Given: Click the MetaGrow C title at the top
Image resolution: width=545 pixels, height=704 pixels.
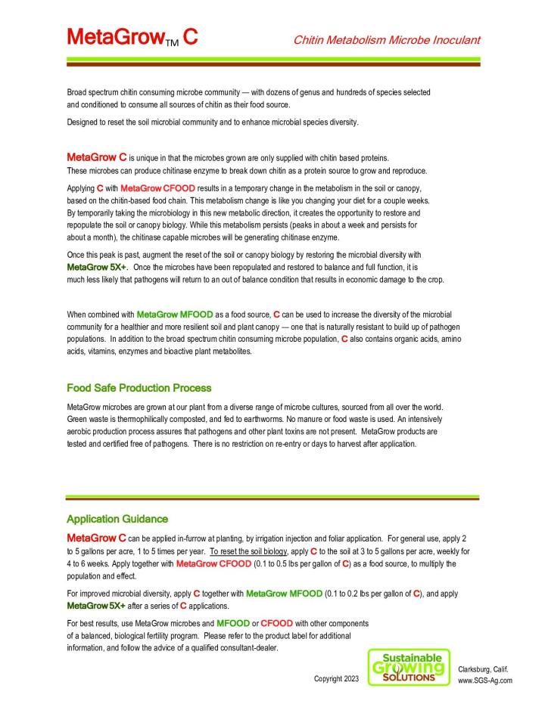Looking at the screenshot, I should [132, 36].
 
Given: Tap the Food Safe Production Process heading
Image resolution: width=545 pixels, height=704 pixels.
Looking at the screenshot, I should [139, 388].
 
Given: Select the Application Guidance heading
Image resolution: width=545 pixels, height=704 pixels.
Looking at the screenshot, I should [117, 519].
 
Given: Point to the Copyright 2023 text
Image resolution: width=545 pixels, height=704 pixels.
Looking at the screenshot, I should [336, 679].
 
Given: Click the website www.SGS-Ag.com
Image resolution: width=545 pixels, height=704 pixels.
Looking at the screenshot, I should [486, 680].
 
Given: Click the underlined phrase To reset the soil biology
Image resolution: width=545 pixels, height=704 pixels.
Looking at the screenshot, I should [248, 551].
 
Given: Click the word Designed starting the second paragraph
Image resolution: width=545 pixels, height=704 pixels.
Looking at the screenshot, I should [84, 123].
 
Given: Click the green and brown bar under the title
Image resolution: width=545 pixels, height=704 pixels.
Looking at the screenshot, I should [272, 62].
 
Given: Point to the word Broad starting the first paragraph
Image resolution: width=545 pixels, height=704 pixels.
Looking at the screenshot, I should [78, 92].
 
